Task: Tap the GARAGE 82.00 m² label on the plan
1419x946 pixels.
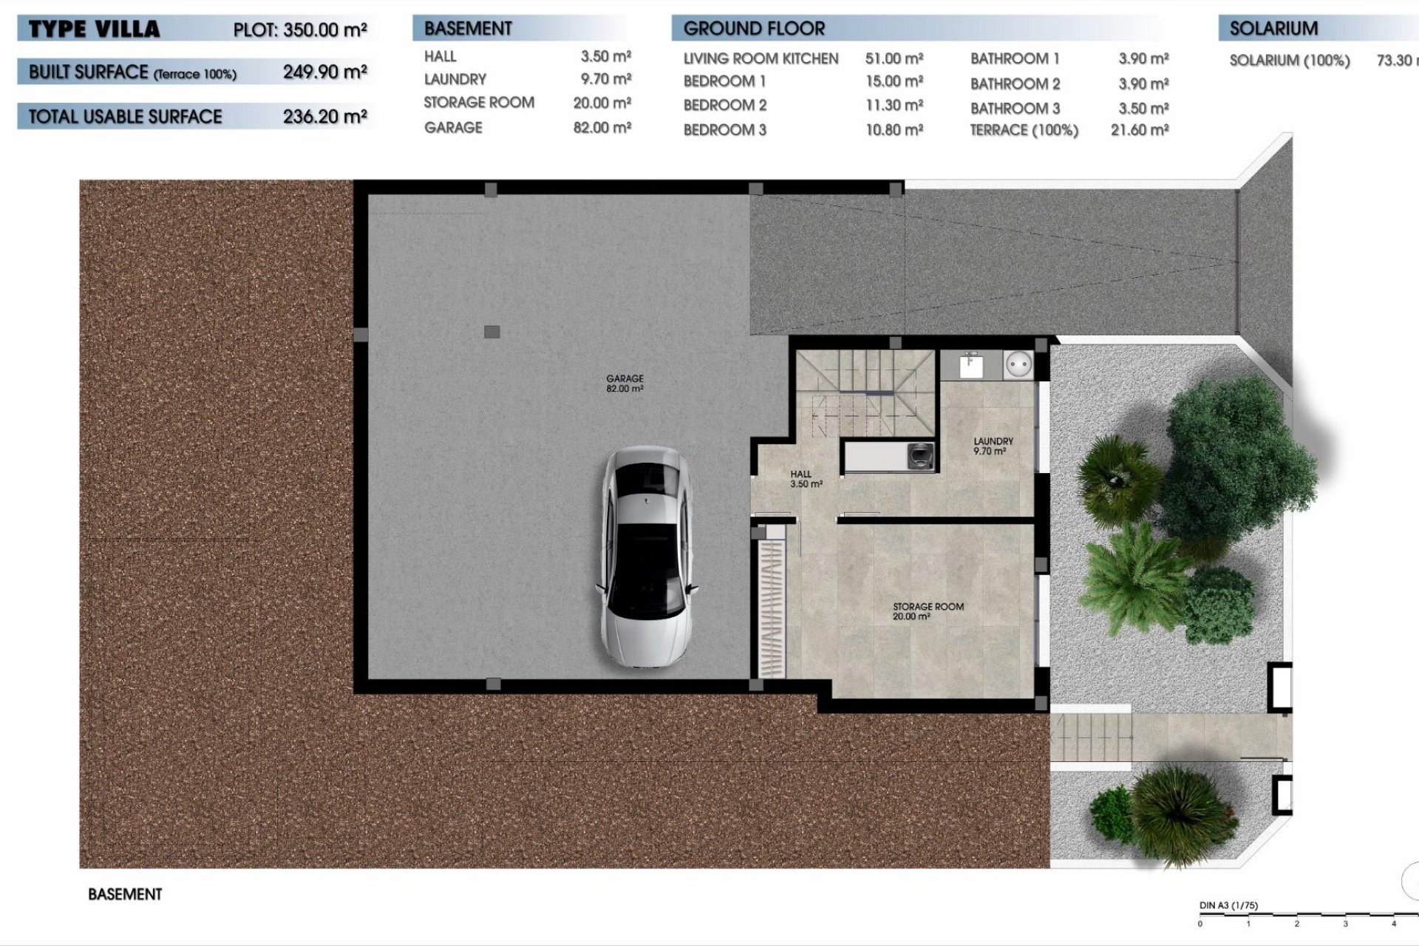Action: [x=625, y=383]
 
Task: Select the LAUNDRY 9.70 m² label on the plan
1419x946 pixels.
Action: [x=993, y=446]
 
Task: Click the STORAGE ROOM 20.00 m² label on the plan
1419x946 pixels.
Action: [x=928, y=610]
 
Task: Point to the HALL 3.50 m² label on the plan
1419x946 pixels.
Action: [x=805, y=479]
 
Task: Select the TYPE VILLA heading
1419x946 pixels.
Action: [x=94, y=30]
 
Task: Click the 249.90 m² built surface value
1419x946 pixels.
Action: [x=324, y=72]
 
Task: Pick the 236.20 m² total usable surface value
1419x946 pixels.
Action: [x=324, y=116]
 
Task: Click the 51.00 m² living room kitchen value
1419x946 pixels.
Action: [x=894, y=58]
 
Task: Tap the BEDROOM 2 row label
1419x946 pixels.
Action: [x=724, y=106]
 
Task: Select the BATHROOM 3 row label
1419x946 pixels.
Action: [x=1015, y=109]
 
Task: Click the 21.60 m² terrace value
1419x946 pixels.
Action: [x=1139, y=130]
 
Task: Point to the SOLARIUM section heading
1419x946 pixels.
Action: [x=1273, y=29]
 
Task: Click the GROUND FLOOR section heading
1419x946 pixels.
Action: [x=753, y=29]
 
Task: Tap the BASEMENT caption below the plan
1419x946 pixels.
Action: [x=125, y=894]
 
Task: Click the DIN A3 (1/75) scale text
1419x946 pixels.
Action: [x=1228, y=905]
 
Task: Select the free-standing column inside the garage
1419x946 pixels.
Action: [x=491, y=332]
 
